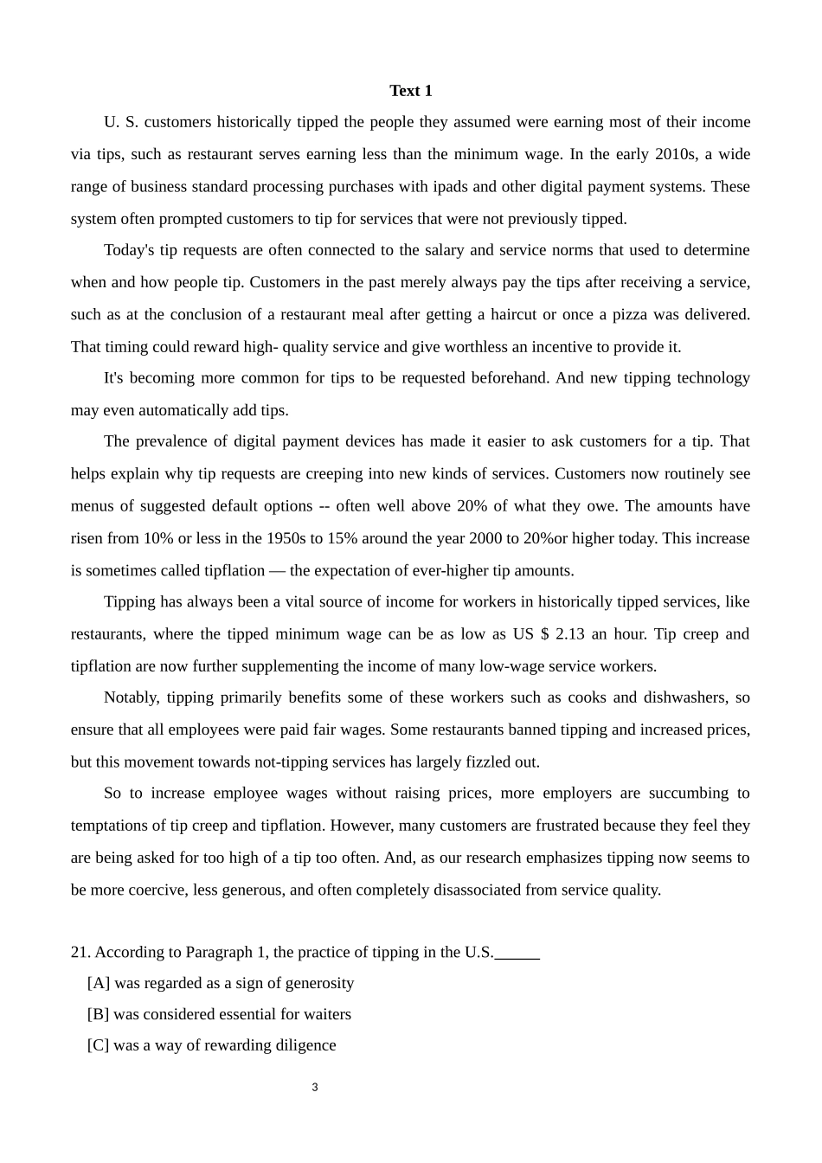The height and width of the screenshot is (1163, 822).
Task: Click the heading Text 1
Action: pyautogui.click(x=410, y=91)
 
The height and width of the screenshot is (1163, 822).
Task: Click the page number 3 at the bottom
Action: pyautogui.click(x=315, y=1087)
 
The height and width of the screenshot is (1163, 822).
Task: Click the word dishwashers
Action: pyautogui.click(x=685, y=697)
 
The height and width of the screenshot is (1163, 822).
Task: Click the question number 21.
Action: pyautogui.click(x=80, y=952)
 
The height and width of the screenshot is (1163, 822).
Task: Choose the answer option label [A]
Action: pyautogui.click(x=99, y=983)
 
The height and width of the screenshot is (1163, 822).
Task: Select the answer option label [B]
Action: pyautogui.click(x=98, y=1014)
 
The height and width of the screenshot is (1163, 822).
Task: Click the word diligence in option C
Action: pyautogui.click(x=305, y=1045)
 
